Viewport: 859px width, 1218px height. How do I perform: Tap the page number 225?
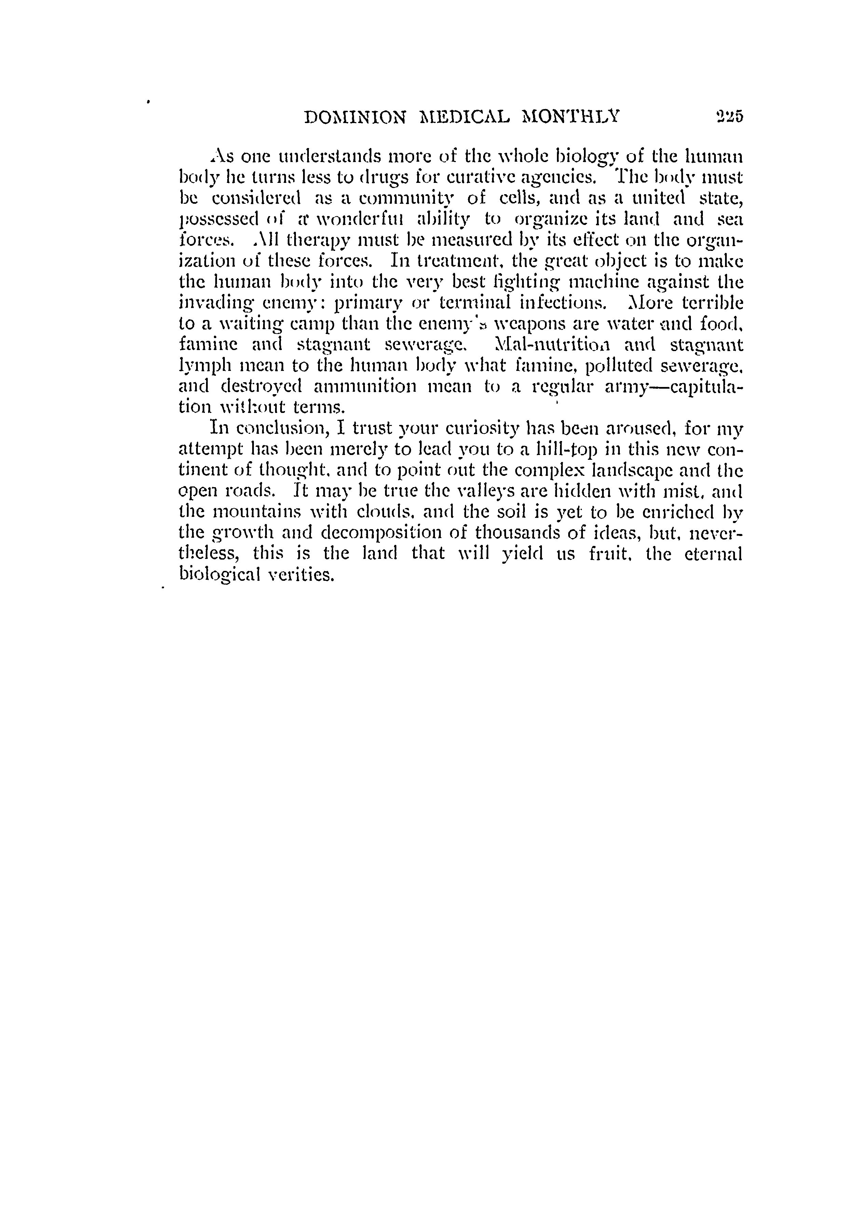[729, 116]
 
